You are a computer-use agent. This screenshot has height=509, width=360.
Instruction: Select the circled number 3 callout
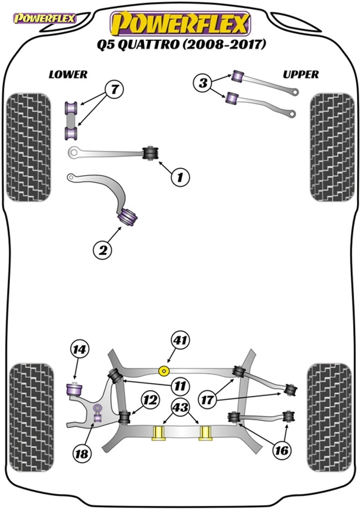pyautogui.click(x=203, y=83)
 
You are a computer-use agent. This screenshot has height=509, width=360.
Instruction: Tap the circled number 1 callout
pyautogui.click(x=180, y=177)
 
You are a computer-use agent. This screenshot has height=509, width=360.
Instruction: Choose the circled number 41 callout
pyautogui.click(x=180, y=341)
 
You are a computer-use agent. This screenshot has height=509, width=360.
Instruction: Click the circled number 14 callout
pyautogui.click(x=79, y=349)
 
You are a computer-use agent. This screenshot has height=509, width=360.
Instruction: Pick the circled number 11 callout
pyautogui.click(x=180, y=386)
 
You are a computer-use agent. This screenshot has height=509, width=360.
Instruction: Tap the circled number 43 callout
pyautogui.click(x=181, y=407)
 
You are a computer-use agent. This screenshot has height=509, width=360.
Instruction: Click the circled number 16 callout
pyautogui.click(x=281, y=450)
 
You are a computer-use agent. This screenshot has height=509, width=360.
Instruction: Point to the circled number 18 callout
pyautogui.click(x=82, y=453)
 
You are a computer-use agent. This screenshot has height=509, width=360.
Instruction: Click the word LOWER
pyautogui.click(x=68, y=75)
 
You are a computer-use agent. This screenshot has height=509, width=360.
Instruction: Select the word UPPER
pyautogui.click(x=300, y=75)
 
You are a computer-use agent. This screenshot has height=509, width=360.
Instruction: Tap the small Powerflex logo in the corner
pyautogui.click(x=44, y=18)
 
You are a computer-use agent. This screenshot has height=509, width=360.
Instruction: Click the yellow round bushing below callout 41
pyautogui.click(x=164, y=370)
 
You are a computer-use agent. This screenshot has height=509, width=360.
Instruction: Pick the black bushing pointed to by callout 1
pyautogui.click(x=150, y=153)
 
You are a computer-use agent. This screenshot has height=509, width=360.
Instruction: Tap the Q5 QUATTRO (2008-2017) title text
pyautogui.click(x=181, y=44)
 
